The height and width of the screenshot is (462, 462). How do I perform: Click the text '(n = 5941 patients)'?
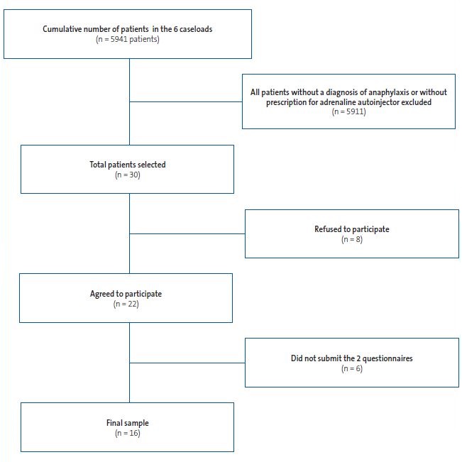[x=128, y=39]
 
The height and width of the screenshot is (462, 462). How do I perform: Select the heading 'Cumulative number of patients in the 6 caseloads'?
[x=128, y=28]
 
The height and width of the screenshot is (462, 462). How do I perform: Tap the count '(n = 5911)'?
[x=348, y=112]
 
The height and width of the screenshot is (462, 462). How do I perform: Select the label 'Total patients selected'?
[x=127, y=165]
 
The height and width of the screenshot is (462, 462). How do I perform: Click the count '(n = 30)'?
[x=127, y=175]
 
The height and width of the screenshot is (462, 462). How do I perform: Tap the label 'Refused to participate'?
[x=351, y=229]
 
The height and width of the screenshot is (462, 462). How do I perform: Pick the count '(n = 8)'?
[x=351, y=239]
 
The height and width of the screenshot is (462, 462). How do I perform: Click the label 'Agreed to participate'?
[x=127, y=293]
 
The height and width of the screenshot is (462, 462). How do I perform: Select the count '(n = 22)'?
[x=127, y=304]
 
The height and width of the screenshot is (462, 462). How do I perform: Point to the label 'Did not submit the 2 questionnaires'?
[x=351, y=358]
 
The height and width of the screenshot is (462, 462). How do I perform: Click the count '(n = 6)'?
[x=351, y=368]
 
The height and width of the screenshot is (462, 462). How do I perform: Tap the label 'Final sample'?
[x=127, y=423]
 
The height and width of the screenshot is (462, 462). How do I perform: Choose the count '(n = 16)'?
[x=127, y=433]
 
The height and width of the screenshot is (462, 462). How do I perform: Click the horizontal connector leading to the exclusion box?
[x=185, y=101]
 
